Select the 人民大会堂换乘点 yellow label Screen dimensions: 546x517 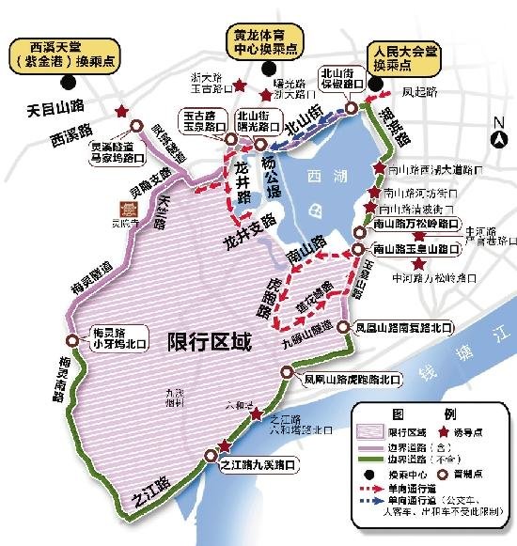(398, 51)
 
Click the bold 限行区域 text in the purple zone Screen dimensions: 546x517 (210, 342)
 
